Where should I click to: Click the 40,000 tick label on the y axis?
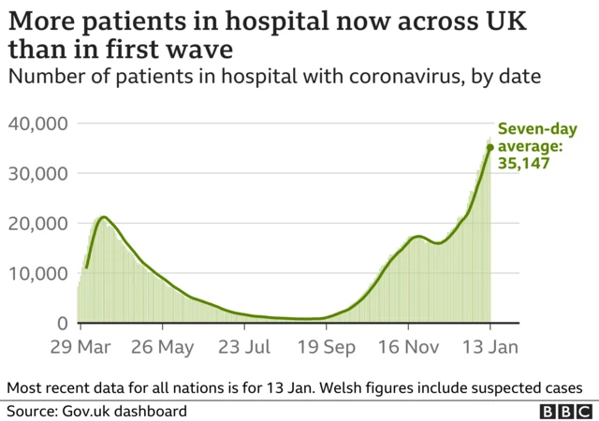pyautogui.click(x=38, y=123)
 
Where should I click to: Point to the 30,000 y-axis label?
pyautogui.click(x=38, y=173)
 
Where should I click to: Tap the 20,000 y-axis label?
pyautogui.click(x=38, y=224)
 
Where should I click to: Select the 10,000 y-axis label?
pyautogui.click(x=38, y=273)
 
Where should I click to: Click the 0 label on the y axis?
pyautogui.click(x=62, y=324)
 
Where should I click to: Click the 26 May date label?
pyautogui.click(x=162, y=348)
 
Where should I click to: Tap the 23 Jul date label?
pyautogui.click(x=244, y=348)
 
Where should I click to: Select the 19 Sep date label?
pyautogui.click(x=326, y=348)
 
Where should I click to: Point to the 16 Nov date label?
pyautogui.click(x=409, y=348)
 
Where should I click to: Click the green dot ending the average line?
pyautogui.click(x=489, y=147)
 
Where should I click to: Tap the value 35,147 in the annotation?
pyautogui.click(x=522, y=163)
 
